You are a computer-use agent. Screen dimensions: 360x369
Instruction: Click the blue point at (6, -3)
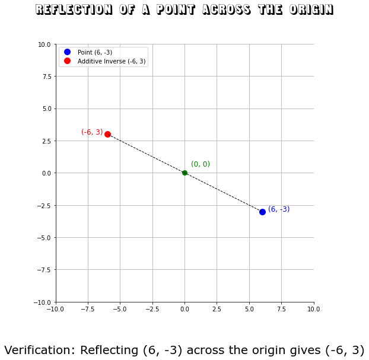point(262,212)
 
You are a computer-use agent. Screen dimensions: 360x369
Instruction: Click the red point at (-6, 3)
point(107,134)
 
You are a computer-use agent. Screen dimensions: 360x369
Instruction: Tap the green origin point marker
point(184,173)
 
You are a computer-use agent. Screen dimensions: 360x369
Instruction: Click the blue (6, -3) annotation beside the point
point(279,209)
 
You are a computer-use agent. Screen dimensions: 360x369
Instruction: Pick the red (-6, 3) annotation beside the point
point(92,132)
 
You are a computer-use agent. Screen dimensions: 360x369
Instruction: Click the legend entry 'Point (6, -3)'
point(94,52)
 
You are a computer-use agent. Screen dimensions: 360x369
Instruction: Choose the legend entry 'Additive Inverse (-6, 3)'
point(112,61)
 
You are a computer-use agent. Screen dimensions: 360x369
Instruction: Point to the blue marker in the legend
point(67,52)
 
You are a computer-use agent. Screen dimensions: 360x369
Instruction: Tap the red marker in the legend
point(67,61)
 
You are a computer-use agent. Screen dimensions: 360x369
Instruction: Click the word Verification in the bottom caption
point(40,351)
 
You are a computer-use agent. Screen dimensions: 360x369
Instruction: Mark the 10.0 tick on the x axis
point(314,309)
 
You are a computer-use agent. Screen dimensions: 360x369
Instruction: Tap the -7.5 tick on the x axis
point(88,309)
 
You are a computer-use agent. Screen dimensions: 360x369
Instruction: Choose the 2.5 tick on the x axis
point(217,309)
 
